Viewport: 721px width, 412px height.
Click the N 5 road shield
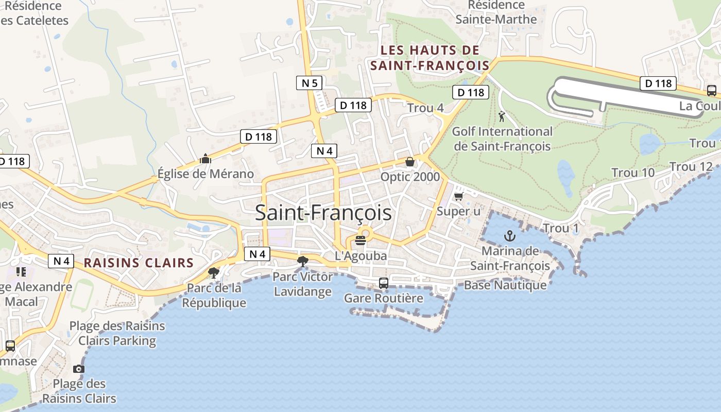(x=310, y=82)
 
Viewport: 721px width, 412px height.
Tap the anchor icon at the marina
(x=509, y=236)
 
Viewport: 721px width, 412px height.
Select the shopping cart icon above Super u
(x=458, y=196)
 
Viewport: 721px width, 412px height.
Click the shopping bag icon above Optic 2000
(x=410, y=162)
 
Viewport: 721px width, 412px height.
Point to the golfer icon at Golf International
(x=502, y=116)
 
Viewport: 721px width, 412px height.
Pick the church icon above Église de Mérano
(x=205, y=159)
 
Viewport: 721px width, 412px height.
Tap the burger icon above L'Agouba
(x=360, y=240)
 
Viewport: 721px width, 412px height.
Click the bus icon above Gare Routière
(x=384, y=283)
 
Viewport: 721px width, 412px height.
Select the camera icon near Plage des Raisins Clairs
(x=78, y=369)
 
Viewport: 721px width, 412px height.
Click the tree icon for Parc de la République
(x=213, y=272)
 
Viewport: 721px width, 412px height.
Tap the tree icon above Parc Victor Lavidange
(x=303, y=262)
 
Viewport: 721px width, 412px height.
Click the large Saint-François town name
(x=323, y=213)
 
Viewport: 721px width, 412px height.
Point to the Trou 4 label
(x=425, y=108)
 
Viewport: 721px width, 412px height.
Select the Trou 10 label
(x=633, y=173)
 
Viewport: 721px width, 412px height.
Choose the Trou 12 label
(x=691, y=167)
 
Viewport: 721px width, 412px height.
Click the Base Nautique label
(x=505, y=285)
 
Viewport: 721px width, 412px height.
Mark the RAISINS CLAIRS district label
(x=139, y=263)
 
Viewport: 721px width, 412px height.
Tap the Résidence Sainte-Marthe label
(x=496, y=12)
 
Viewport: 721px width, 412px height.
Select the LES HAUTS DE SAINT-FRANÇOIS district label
(x=430, y=58)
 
